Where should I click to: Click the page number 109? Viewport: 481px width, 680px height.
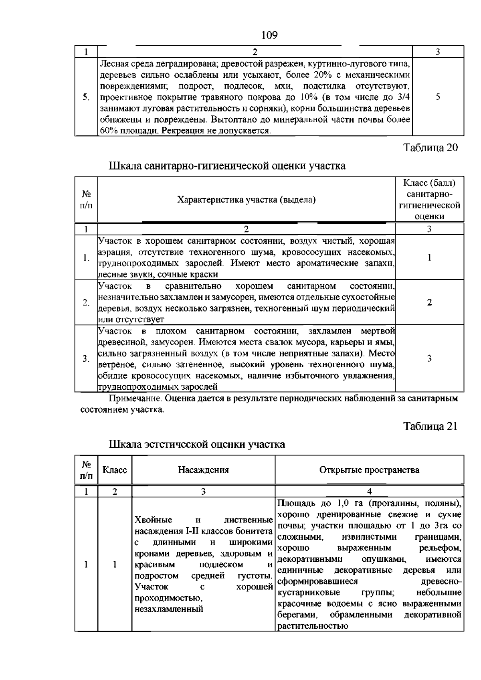[269, 36]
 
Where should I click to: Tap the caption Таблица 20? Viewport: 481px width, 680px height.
[430, 148]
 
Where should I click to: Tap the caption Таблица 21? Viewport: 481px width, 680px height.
[430, 426]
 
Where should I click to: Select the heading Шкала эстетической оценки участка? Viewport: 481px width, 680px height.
[197, 444]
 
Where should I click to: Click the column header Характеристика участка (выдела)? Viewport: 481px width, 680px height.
[246, 200]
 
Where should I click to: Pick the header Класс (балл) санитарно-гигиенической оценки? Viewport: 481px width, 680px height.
[429, 200]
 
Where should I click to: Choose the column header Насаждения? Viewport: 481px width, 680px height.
[203, 470]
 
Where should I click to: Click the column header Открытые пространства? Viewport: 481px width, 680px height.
[369, 470]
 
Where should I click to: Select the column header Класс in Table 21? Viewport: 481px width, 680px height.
[115, 470]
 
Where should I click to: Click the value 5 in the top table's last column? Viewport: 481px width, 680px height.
[438, 97]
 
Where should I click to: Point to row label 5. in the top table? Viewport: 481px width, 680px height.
[86, 97]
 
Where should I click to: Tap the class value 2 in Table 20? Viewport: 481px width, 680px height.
[429, 303]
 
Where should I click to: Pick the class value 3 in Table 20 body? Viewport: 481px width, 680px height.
[429, 358]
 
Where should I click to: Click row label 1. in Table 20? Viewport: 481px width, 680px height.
[86, 258]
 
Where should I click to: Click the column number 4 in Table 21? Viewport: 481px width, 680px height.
[369, 492]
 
